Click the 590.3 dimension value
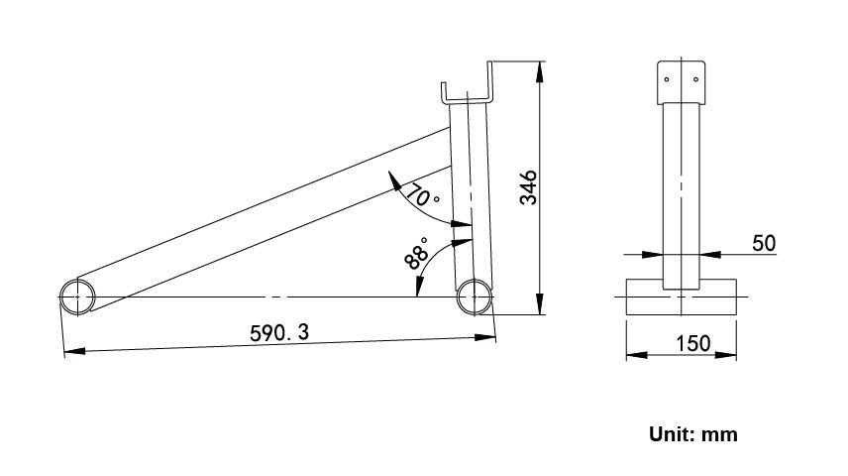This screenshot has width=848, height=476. click(278, 333)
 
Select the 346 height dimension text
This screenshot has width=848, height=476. click(529, 187)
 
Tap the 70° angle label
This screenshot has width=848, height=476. click(423, 195)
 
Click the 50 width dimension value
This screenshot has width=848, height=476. click(764, 242)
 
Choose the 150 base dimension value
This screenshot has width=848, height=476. click(692, 343)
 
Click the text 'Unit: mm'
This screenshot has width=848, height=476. click(692, 433)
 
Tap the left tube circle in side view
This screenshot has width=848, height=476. click(77, 297)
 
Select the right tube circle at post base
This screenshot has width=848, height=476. click(475, 297)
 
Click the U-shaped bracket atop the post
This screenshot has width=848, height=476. click(468, 93)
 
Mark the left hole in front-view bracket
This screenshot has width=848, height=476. click(667, 80)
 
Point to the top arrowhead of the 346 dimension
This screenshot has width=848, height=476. click(540, 69)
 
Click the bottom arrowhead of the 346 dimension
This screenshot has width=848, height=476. click(540, 306)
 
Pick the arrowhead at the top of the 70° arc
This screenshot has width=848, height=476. click(394, 179)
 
